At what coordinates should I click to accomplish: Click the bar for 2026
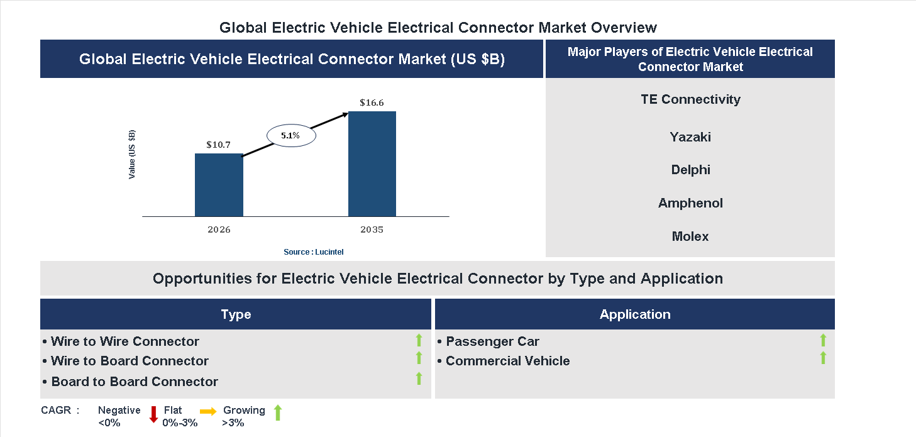coord(219,185)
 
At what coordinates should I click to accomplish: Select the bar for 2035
coord(372,164)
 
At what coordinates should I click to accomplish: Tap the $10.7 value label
coord(219,145)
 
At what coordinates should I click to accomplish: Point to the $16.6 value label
coord(372,102)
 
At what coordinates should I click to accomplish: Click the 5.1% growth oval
coord(291,135)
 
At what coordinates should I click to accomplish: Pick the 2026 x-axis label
coord(219,230)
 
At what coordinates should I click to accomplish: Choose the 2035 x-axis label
coord(372,230)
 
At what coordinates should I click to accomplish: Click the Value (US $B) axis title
coord(132,155)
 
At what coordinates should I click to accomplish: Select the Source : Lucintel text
coord(313,252)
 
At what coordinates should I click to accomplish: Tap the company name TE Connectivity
coord(690,99)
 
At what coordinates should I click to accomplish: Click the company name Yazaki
coord(690,137)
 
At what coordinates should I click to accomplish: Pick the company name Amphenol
coord(690,203)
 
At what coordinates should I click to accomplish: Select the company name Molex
coord(690,236)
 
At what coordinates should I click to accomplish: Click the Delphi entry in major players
coord(690,170)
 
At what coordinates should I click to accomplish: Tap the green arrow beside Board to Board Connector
coord(419,379)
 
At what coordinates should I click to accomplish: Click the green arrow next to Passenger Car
coord(823,340)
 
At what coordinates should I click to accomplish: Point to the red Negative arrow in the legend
coord(153,414)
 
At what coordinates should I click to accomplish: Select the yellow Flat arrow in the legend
coord(208,411)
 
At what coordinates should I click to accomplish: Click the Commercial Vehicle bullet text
coord(507,361)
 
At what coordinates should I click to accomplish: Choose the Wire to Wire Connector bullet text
coord(124,341)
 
